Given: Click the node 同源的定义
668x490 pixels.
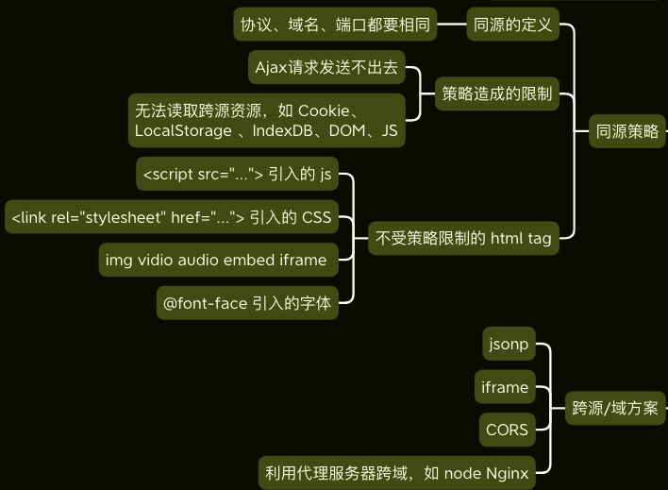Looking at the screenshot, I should coord(513,25).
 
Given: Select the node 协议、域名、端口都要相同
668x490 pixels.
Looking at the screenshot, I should coord(335,25).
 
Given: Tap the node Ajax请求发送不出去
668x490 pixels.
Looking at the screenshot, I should coord(326,67).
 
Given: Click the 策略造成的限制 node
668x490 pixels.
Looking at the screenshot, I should coord(497,93).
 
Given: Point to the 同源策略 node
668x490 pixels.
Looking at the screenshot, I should coord(627,131).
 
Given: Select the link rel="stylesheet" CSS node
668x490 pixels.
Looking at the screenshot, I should coord(172,217).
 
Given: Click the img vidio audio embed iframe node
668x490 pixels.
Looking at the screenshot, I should coord(217,260).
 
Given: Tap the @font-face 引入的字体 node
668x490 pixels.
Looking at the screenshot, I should coord(247,303).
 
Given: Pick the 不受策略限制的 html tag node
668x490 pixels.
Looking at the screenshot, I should coord(463,238).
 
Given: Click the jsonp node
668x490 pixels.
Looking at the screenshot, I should coord(508,345).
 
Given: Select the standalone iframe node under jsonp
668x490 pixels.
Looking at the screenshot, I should coord(505,387).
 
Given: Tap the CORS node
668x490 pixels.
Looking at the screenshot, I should coord(507,430).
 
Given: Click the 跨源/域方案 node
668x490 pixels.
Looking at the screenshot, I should coord(615,409).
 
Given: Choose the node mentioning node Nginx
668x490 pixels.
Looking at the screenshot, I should coord(396,472).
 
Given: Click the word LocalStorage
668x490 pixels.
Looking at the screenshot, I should coord(183,130).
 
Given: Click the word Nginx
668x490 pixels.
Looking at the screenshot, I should coord(505,472).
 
